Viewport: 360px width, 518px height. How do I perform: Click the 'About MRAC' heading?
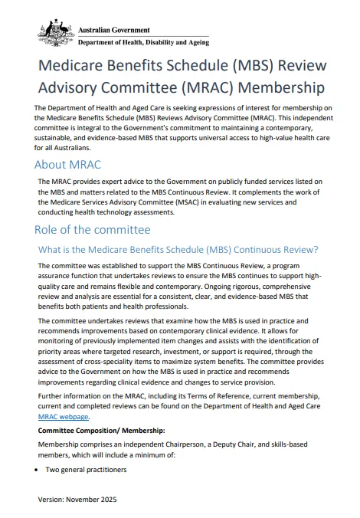click(x=67, y=165)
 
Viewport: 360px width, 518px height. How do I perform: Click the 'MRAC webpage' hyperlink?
click(x=64, y=417)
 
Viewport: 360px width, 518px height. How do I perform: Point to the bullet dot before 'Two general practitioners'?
click(x=38, y=469)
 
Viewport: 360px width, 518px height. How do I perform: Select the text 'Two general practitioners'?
click(x=85, y=469)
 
